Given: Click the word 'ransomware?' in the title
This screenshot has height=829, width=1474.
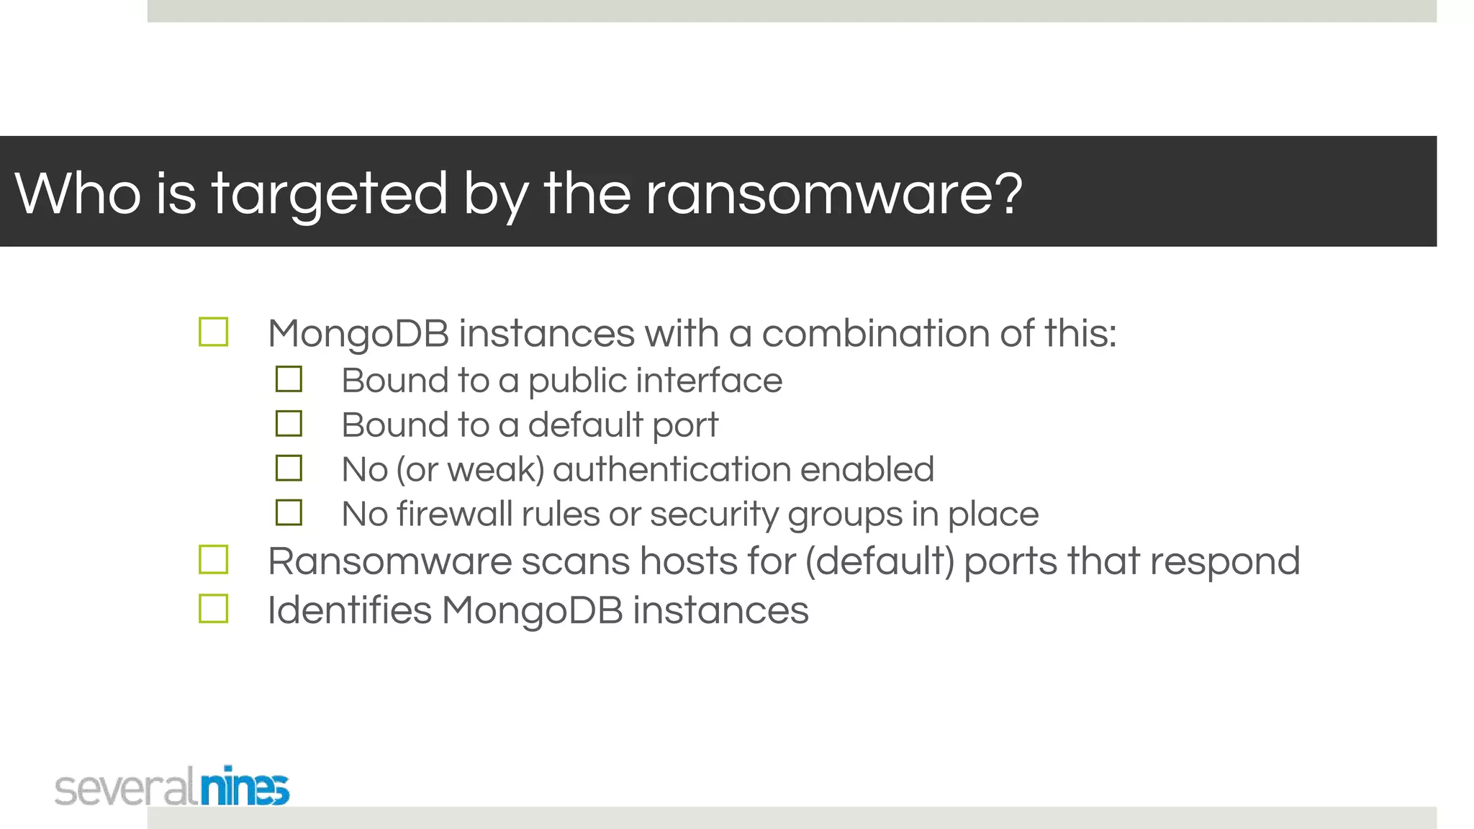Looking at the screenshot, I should pyautogui.click(x=833, y=194).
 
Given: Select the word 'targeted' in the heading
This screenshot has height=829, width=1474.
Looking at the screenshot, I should pyautogui.click(x=330, y=194).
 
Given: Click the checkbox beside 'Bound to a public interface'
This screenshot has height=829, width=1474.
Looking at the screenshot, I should pyautogui.click(x=289, y=379).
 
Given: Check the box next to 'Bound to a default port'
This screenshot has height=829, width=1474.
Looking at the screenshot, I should pyautogui.click(x=289, y=424).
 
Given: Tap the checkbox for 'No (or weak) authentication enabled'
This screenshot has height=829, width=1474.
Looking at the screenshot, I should pyautogui.click(x=289, y=468).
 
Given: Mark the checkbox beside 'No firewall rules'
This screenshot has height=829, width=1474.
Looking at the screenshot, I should pyautogui.click(x=289, y=513).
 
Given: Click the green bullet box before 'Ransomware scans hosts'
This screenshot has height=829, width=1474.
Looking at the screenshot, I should pyautogui.click(x=213, y=560).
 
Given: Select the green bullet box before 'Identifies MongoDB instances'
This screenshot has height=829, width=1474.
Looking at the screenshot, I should pyautogui.click(x=213, y=609).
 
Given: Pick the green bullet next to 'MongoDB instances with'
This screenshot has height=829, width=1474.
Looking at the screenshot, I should pyautogui.click(x=213, y=332).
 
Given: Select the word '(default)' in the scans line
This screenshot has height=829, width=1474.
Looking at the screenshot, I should pyautogui.click(x=880, y=561).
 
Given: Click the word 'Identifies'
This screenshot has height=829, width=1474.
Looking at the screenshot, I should pyautogui.click(x=350, y=610).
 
